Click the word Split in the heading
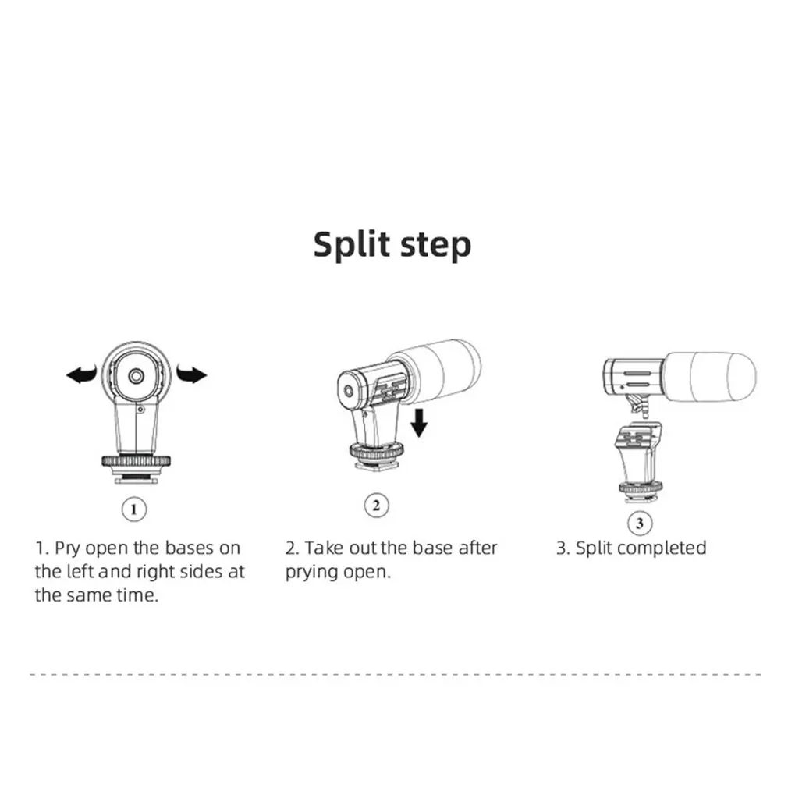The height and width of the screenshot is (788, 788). pyautogui.click(x=352, y=245)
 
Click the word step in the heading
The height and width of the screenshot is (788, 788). pyautogui.click(x=435, y=247)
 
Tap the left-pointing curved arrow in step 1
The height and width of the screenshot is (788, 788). pyautogui.click(x=81, y=374)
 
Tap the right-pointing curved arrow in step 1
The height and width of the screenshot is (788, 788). pyautogui.click(x=191, y=374)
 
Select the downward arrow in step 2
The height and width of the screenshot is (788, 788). pyautogui.click(x=419, y=423)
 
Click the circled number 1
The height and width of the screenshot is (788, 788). pyautogui.click(x=133, y=509)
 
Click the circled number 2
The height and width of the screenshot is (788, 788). pyautogui.click(x=376, y=505)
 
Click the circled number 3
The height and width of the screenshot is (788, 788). pyautogui.click(x=640, y=523)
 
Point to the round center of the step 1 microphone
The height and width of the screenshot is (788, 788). pyautogui.click(x=136, y=376)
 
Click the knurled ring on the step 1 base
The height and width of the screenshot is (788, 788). pyautogui.click(x=137, y=461)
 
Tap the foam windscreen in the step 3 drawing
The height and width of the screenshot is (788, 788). pyautogui.click(x=710, y=377)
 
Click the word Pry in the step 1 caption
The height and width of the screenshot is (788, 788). pyautogui.click(x=67, y=548)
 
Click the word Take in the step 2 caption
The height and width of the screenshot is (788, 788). pyautogui.click(x=324, y=548)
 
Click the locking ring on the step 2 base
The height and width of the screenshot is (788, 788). pyautogui.click(x=376, y=450)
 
